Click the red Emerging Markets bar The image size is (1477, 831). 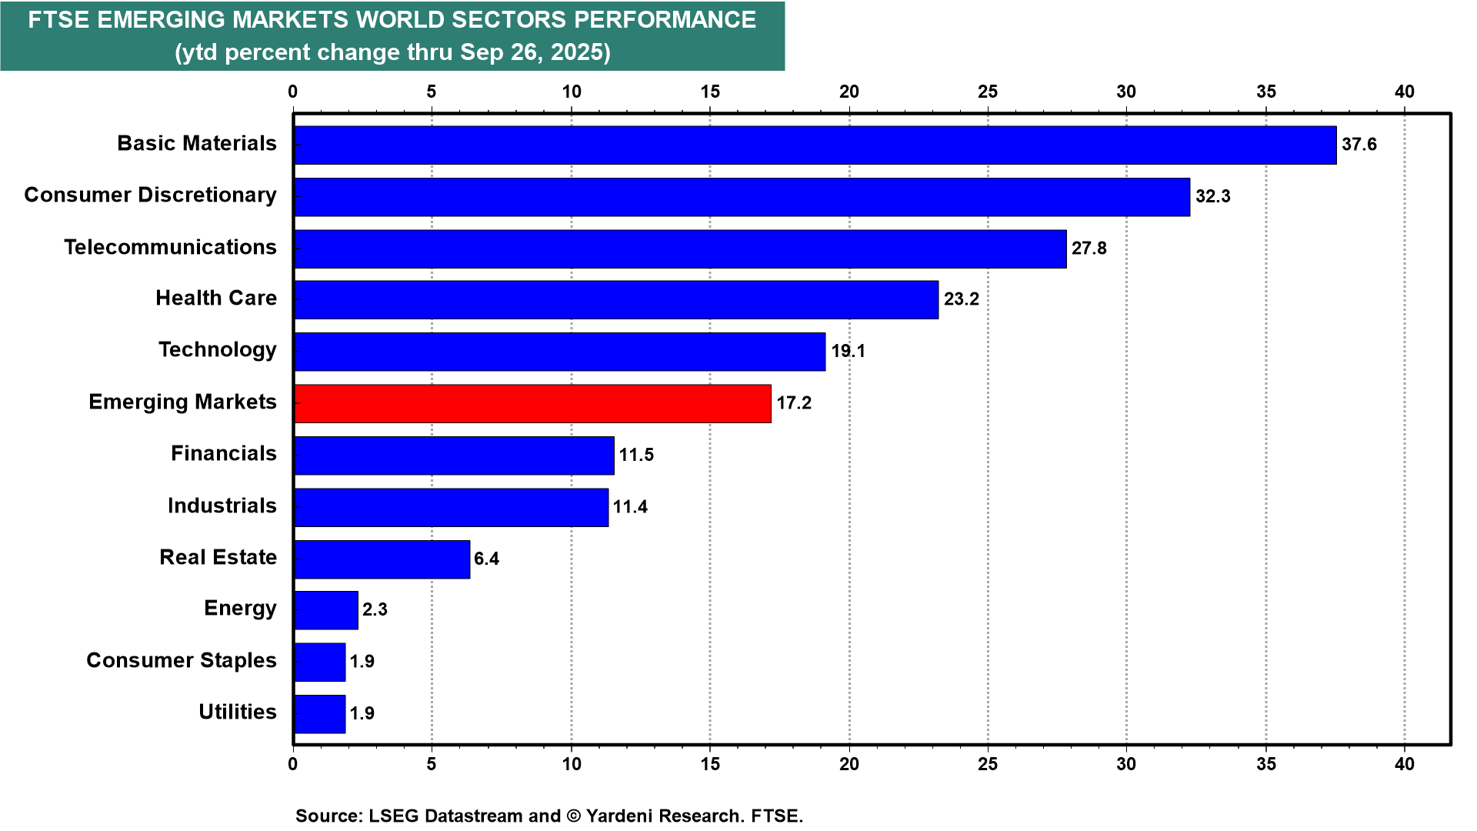click(x=532, y=404)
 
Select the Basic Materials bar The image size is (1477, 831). click(x=815, y=145)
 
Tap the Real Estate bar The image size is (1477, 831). click(x=382, y=559)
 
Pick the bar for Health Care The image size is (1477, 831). click(x=616, y=300)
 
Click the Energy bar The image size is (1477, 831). click(x=326, y=611)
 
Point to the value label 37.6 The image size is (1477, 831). click(x=1359, y=145)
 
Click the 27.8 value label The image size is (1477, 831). click(x=1089, y=249)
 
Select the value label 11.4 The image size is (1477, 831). click(x=630, y=507)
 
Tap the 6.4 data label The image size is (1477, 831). click(x=486, y=559)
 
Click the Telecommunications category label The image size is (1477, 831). click(x=170, y=248)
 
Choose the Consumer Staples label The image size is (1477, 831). click(x=182, y=661)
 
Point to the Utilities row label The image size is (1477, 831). click(x=238, y=713)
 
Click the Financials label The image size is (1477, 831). click(x=224, y=454)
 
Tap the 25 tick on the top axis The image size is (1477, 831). click(x=988, y=92)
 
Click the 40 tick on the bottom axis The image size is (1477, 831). click(x=1405, y=765)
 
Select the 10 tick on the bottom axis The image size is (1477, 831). click(x=572, y=765)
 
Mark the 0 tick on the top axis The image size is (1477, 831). click(x=293, y=92)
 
